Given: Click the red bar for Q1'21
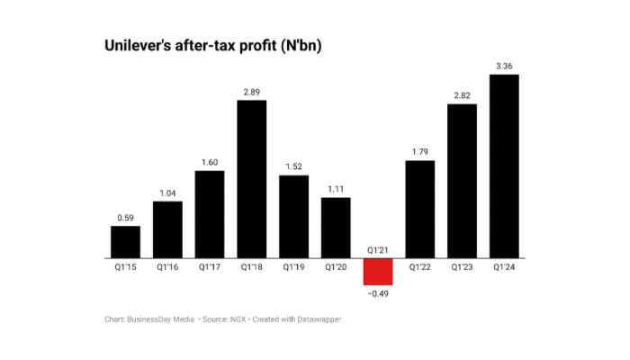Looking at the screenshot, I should (x=378, y=272).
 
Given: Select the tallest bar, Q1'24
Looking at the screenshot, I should (x=504, y=166).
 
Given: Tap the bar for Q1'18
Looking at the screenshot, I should (x=251, y=179).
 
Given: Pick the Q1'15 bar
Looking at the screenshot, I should (x=125, y=242).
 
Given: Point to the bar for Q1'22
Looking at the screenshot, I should (x=420, y=210).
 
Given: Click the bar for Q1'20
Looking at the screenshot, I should (x=336, y=228).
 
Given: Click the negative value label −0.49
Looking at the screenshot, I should (x=377, y=293).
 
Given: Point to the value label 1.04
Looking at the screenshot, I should (x=167, y=193).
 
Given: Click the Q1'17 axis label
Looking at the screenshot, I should (x=209, y=267).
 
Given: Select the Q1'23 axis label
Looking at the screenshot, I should (x=462, y=267).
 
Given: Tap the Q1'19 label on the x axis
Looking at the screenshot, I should (x=293, y=267).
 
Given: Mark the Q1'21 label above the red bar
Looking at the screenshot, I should (x=378, y=250).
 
